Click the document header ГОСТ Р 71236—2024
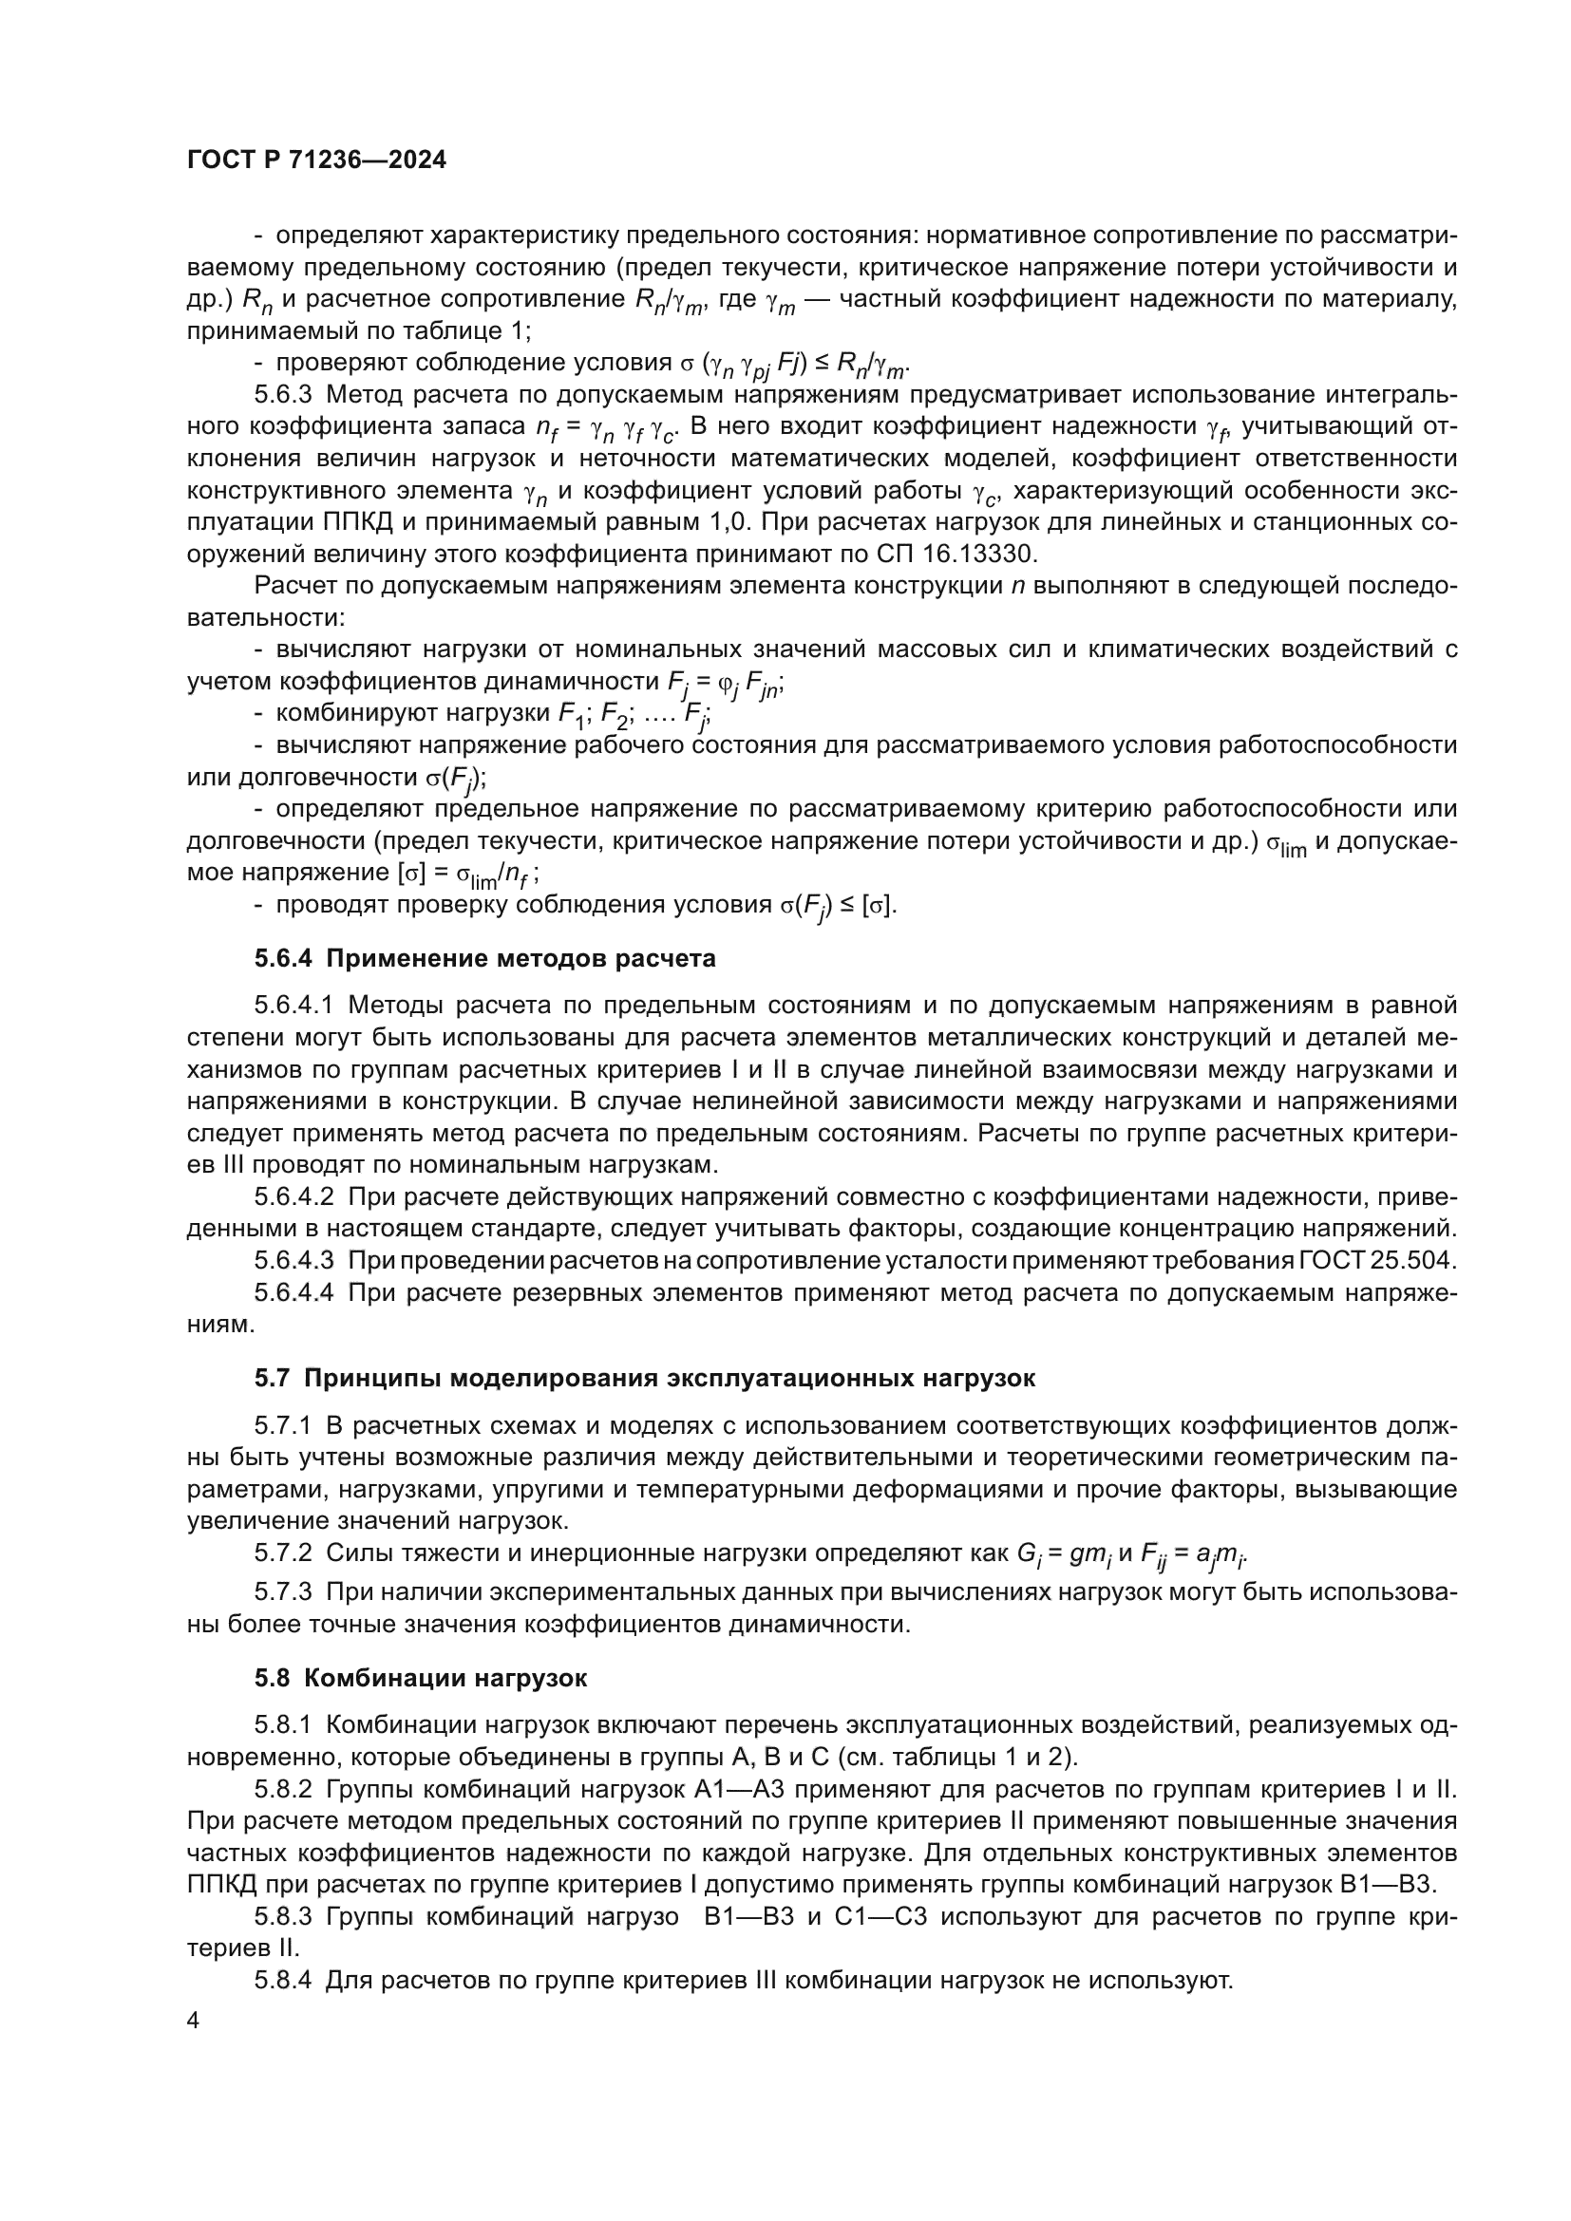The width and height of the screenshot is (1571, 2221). (x=316, y=160)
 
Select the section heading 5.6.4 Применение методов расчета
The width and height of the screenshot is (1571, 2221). (x=484, y=958)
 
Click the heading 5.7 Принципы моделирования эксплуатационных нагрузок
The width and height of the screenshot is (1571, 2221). (x=644, y=1378)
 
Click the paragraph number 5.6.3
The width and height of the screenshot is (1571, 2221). (x=283, y=395)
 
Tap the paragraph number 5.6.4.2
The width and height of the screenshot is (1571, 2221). (x=294, y=1196)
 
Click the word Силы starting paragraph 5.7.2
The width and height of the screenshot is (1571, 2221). (x=358, y=1553)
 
